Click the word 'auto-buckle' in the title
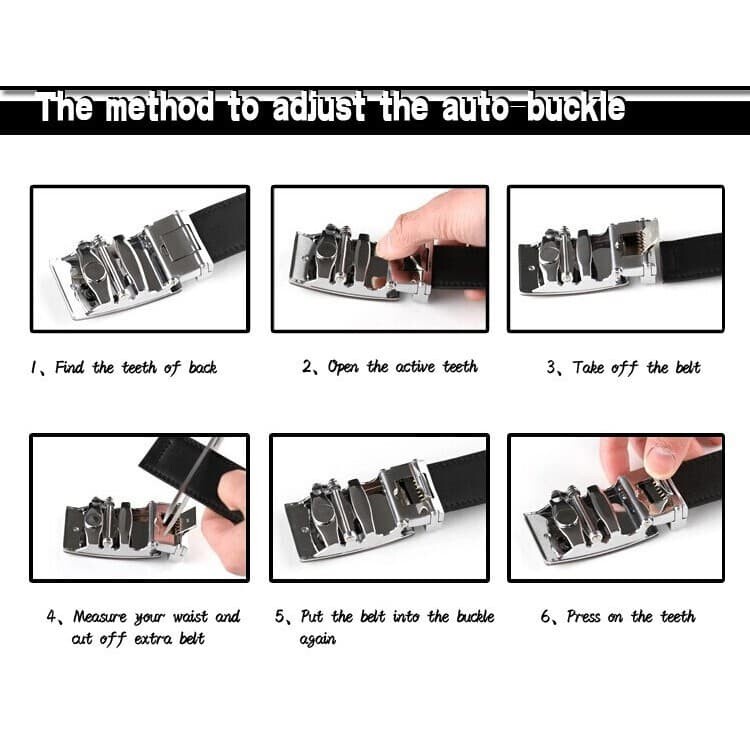point(533,107)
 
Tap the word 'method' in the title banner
point(159,107)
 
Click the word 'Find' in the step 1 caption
point(69,367)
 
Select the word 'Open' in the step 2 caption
point(342,367)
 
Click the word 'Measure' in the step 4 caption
point(99,617)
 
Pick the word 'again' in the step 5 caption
point(318,640)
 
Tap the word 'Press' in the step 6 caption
point(583,616)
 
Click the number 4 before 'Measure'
point(51,616)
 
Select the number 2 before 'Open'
point(307,367)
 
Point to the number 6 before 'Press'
point(545,616)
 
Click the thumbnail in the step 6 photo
point(660,458)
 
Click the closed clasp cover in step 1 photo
point(176,243)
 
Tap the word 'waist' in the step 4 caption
point(190,617)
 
